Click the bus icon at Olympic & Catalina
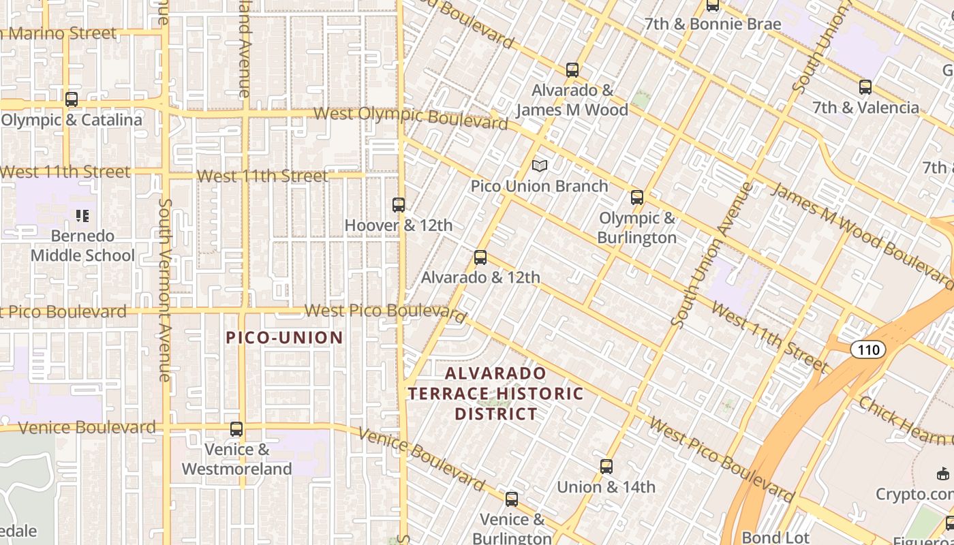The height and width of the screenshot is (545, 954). pos(72,99)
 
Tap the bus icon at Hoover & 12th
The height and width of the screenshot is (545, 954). pos(399,204)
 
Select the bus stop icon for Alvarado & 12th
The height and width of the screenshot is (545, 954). pos(480,257)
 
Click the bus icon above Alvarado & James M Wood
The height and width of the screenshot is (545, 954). pos(572,69)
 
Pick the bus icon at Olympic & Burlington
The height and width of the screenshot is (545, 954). pos(637,198)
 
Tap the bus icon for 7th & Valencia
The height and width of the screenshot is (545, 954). pos(865,87)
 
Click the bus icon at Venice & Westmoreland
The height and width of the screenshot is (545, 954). pos(236,429)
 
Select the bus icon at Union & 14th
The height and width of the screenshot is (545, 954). pos(606,467)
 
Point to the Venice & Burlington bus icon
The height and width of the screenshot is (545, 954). pos(512,499)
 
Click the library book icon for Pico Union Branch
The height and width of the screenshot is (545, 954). pos(540,166)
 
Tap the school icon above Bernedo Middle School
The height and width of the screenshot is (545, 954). pos(82,216)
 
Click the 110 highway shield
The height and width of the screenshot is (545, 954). pos(868,350)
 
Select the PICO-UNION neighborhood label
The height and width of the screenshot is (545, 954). pos(284,337)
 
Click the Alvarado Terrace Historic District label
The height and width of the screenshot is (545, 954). pos(496,393)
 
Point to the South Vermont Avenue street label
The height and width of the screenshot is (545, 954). pos(164,290)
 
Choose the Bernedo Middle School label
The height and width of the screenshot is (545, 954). pos(82,246)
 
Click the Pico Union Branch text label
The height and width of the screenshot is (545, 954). pos(540,186)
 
